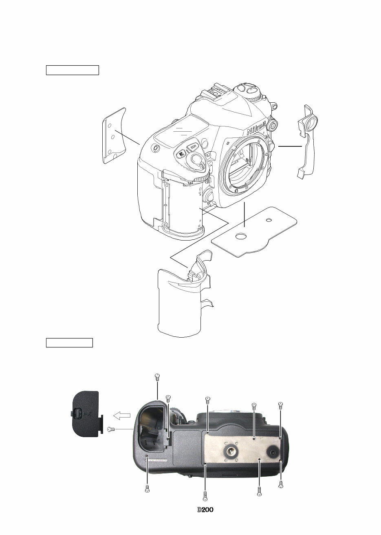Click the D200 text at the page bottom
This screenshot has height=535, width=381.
point(206,510)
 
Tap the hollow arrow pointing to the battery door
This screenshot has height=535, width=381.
point(122,416)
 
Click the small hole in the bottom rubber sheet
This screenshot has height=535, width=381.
point(269,221)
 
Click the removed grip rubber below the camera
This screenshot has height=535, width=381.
point(183,302)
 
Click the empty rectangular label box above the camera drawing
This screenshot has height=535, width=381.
point(73,70)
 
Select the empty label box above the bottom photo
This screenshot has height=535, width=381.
point(70,342)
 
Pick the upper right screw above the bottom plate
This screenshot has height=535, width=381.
point(280,405)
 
